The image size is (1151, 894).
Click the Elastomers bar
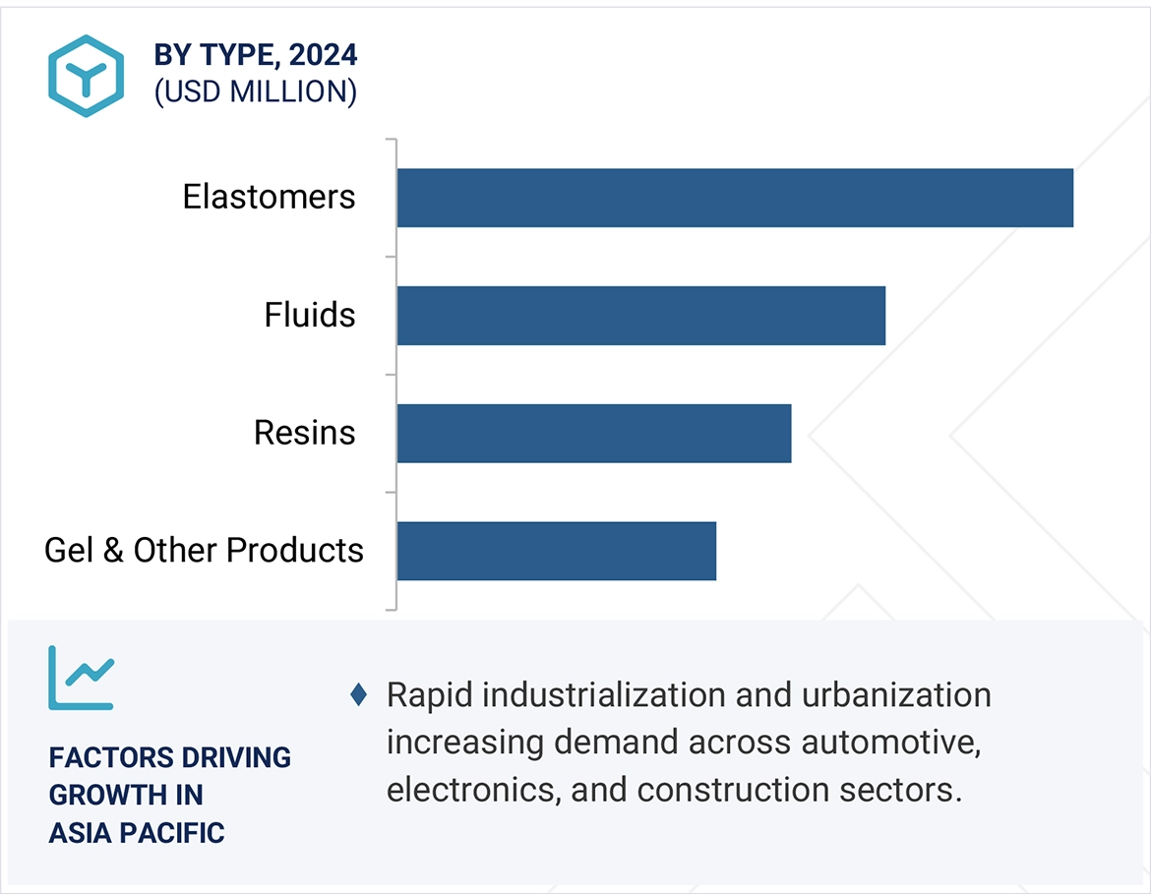click(x=735, y=198)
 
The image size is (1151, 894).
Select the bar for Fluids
click(x=640, y=316)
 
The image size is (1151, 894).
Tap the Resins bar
click(x=593, y=433)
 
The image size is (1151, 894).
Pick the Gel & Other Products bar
click(x=556, y=551)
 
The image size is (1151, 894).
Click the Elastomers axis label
click(x=269, y=197)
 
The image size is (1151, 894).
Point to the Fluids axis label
click(x=309, y=315)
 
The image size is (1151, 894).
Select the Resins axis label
click(x=304, y=433)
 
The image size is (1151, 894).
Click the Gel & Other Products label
click(x=204, y=550)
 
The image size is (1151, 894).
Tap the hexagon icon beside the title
click(x=86, y=76)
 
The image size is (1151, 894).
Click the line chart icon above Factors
click(x=81, y=678)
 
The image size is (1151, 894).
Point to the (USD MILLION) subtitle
click(x=255, y=91)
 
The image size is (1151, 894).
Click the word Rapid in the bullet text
click(x=430, y=695)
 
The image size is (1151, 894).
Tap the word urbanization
click(x=896, y=695)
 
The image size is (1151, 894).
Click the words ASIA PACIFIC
click(x=137, y=833)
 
